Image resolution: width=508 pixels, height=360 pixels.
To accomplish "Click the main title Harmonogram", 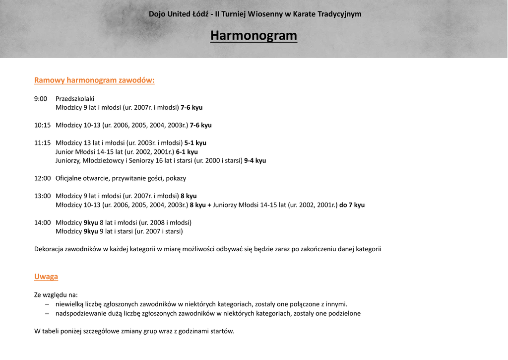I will [x=254, y=36].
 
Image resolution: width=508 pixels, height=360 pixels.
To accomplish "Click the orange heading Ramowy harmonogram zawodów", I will [x=94, y=80].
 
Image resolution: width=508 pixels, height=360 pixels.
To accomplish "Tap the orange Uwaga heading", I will [x=46, y=277].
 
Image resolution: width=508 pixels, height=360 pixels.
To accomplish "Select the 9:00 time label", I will [x=41, y=99].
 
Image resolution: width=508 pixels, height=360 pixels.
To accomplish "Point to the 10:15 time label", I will [x=43, y=125].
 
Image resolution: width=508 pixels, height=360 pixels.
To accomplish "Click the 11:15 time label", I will [x=43, y=143].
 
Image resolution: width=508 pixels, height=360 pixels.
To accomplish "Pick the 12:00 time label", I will [x=43, y=178].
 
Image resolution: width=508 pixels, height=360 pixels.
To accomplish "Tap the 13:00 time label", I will [x=43, y=196].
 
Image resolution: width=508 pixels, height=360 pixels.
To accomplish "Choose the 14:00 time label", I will [x=43, y=222].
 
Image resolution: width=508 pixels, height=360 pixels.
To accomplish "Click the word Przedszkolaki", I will [x=75, y=99].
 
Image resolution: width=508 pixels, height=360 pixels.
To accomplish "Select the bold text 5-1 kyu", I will [x=195, y=143].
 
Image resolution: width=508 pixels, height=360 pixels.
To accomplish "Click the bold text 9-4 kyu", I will [x=255, y=161].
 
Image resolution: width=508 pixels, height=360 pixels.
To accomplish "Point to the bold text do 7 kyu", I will [x=352, y=205].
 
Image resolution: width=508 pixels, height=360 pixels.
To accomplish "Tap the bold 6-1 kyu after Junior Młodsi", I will [x=187, y=152].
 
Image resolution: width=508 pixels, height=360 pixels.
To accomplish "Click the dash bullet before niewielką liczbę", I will [x=47, y=304].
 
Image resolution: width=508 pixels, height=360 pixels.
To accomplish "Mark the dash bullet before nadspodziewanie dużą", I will [x=47, y=314].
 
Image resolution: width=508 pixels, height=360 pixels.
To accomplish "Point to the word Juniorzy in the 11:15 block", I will [x=68, y=161].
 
